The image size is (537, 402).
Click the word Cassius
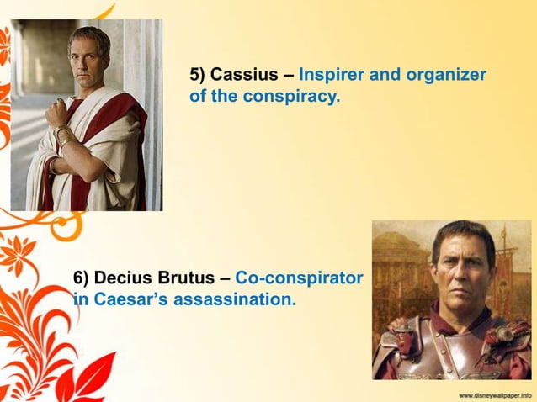point(248,75)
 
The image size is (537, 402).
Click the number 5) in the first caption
point(199,75)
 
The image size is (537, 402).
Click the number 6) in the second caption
point(81,277)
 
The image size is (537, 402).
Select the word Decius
point(123,277)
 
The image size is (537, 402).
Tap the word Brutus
point(185,277)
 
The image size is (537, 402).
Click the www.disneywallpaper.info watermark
point(495,394)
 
